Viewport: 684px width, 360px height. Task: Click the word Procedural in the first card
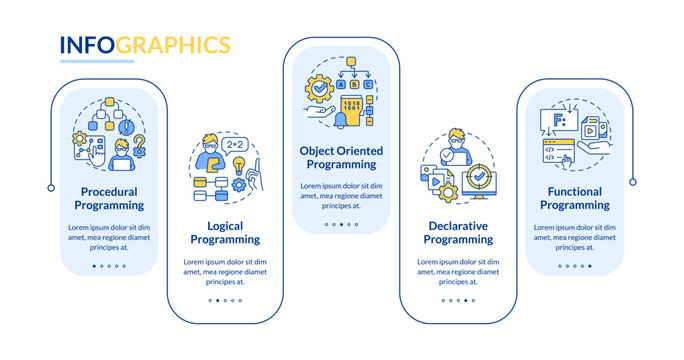point(109,191)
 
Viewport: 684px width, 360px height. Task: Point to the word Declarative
point(458,225)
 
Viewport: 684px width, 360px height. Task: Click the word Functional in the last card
point(574,190)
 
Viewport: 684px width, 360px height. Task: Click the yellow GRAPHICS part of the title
point(176,45)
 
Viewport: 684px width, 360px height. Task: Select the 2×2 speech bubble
point(236,145)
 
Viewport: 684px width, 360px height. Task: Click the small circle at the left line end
point(51,187)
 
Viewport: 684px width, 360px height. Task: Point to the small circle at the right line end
point(632,181)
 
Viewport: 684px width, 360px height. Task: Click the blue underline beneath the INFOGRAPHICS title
point(97,61)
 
